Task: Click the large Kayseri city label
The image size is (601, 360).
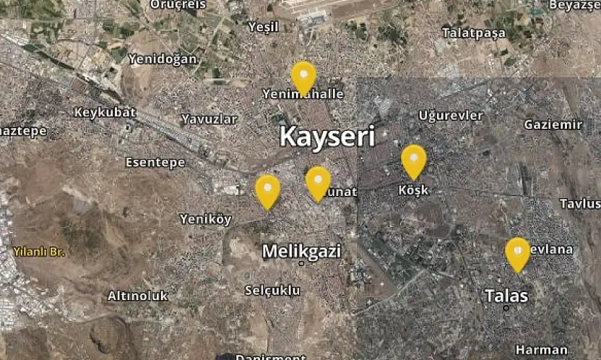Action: (327, 137)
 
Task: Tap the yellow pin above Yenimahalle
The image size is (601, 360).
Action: (303, 76)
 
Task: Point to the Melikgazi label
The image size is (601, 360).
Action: (301, 252)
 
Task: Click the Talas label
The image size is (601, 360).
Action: (506, 296)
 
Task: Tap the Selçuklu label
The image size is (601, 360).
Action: (272, 290)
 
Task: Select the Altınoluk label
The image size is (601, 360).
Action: (137, 296)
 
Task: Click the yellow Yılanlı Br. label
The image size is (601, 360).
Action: (39, 252)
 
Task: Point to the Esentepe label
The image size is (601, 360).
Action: (155, 162)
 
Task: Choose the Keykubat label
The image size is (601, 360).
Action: (105, 112)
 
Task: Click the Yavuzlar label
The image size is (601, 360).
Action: (209, 119)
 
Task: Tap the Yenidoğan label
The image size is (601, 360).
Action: (163, 59)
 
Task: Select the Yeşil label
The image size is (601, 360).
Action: (263, 27)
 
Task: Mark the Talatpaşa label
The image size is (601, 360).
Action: (475, 33)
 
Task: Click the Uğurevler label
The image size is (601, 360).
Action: (451, 116)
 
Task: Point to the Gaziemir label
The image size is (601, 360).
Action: (553, 124)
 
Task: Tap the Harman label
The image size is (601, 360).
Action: (542, 350)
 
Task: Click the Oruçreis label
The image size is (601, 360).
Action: (178, 4)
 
